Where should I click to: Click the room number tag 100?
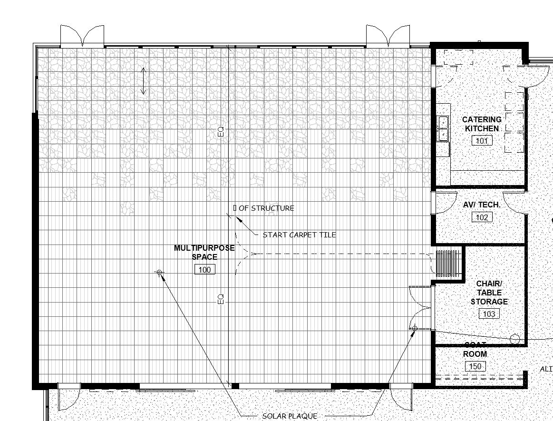204,270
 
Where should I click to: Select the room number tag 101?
482,140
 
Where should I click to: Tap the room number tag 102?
482,217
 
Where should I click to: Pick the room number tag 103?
489,313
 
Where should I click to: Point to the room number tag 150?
475,366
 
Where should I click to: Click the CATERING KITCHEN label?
482,124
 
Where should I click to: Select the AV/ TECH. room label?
482,205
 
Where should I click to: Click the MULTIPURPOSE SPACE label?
204,253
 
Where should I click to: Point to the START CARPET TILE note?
299,235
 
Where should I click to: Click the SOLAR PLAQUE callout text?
290,416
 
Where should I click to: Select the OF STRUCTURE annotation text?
266,208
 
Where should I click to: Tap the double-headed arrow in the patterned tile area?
144,81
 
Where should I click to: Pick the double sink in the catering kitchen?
443,128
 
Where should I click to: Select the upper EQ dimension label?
221,132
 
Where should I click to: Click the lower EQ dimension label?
221,299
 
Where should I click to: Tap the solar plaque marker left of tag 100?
159,273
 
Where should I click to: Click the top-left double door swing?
82,36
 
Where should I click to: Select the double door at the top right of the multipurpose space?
388,36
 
